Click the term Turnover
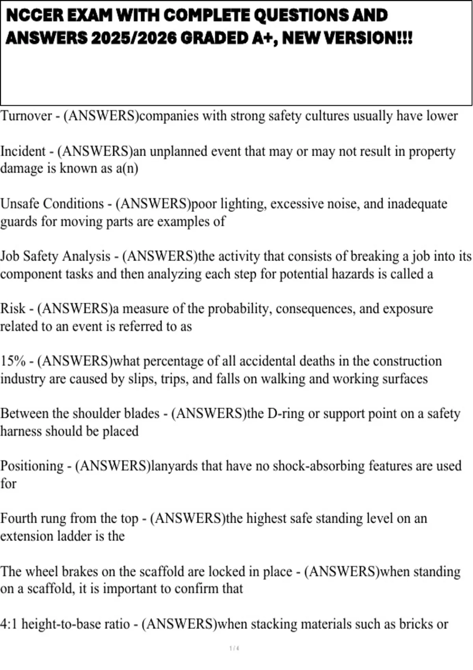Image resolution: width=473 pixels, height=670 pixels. coord(26,116)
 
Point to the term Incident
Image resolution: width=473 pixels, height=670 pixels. coord(23,151)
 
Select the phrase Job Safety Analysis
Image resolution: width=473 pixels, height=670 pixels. coord(55,256)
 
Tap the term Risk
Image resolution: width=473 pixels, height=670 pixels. coord(13,309)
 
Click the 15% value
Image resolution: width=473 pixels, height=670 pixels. coord(13,361)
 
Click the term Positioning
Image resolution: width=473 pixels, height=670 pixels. coord(32,466)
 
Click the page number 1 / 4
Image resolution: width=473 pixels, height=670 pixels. coord(234,648)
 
